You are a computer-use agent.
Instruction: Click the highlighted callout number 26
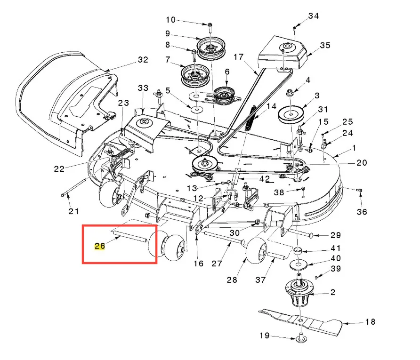(x=100, y=246)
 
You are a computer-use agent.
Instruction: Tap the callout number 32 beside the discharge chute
(x=143, y=59)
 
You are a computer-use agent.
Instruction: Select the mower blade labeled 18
(x=301, y=321)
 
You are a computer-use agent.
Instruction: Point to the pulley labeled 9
(x=211, y=48)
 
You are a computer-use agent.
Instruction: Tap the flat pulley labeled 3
(x=291, y=115)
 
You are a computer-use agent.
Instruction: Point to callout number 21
(x=73, y=211)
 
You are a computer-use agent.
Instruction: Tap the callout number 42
(x=264, y=179)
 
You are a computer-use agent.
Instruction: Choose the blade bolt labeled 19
(x=301, y=338)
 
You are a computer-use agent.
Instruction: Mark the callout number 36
(x=362, y=212)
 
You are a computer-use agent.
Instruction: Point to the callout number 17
(x=238, y=57)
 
